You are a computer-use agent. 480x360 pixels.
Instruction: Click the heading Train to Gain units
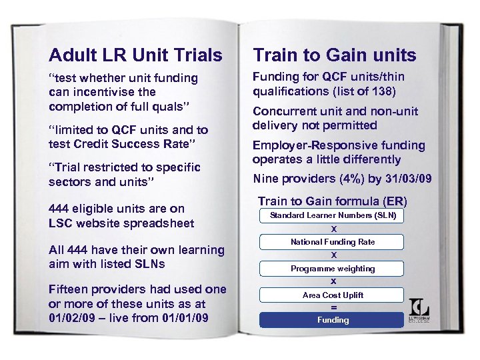pos(334,55)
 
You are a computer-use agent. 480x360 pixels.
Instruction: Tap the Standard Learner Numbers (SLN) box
pos(333,215)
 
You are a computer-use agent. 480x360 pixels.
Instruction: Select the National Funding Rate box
pos(333,242)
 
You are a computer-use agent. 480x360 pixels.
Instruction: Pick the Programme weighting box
pos(333,269)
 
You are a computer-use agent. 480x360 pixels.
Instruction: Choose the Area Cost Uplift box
pos(333,295)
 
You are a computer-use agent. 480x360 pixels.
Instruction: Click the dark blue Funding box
pos(333,320)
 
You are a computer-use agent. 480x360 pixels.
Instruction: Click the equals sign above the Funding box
pos(333,307)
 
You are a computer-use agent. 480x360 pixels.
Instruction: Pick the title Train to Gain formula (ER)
pos(332,201)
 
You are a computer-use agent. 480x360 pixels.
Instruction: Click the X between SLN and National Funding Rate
pos(333,229)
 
